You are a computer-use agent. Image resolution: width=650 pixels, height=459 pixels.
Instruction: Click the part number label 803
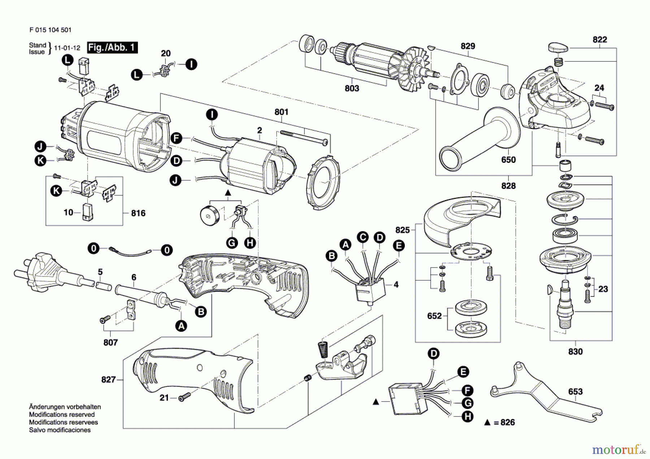pos(352,88)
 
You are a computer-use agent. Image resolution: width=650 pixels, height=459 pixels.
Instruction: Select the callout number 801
pos(281,112)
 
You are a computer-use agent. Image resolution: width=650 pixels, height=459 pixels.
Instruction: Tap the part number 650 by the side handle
pos(508,160)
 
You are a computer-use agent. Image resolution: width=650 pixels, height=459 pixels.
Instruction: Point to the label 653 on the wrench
pos(575,391)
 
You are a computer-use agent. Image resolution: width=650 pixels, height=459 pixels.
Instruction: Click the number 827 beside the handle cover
pos(108,380)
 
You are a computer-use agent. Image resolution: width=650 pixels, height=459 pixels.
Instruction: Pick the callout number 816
pos(138,213)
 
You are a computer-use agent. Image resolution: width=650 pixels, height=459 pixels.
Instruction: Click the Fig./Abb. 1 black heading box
pos(112,48)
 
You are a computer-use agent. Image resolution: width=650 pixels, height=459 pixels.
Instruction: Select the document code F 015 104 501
pos(50,30)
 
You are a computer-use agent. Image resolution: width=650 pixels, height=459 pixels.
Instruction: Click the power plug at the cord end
pos(47,271)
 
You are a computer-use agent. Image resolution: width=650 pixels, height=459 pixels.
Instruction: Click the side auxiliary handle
pos(480,139)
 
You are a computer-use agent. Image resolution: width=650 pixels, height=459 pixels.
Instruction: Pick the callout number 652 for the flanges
pos(434,316)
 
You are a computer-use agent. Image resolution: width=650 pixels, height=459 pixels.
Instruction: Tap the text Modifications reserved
pos(62,415)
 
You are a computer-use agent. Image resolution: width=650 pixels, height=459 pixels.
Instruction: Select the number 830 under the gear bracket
pos(575,351)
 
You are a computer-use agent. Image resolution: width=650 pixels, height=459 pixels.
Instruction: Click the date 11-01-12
pos(67,48)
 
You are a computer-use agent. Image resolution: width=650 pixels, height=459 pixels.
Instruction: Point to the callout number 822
pos(600,39)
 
